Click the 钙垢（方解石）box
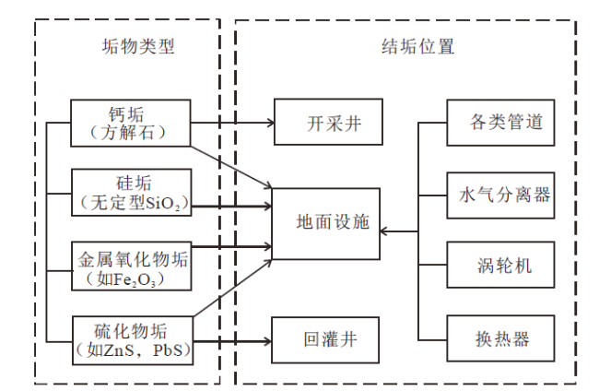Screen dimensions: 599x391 pos(131,123)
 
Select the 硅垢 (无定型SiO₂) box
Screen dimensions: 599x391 pos(132,193)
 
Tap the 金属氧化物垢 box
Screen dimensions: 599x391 pos(132,266)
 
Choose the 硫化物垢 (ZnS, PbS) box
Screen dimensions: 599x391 pos(133,340)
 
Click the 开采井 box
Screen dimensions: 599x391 pos(329,122)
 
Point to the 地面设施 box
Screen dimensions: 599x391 pos(326,224)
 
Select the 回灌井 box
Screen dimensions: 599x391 pos(325,339)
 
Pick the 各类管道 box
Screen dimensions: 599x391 pos(500,123)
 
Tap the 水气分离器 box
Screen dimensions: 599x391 pos(500,195)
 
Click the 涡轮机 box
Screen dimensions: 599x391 pos(500,265)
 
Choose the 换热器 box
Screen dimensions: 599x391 pos(500,338)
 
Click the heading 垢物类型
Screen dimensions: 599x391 pos(138,47)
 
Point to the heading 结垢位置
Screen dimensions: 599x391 pos(418,47)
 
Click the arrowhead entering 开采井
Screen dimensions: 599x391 pos(271,123)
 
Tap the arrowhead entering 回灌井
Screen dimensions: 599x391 pos(268,341)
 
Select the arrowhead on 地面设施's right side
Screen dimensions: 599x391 pos(384,231)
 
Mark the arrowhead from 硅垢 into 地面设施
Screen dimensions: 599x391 pos(268,207)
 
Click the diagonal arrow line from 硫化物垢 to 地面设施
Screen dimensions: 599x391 pos(232,289)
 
